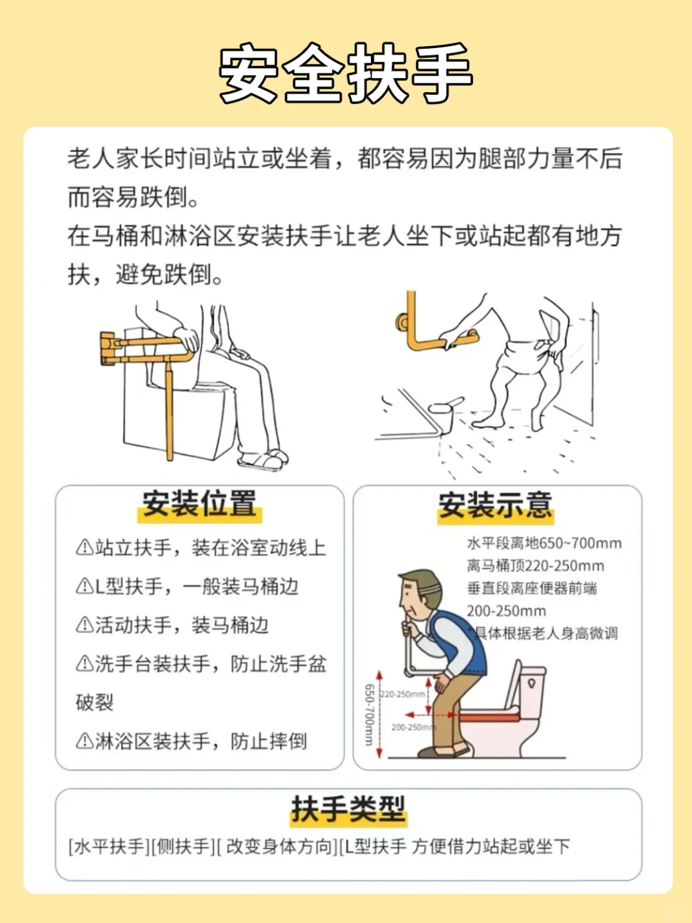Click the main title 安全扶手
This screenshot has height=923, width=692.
click(x=346, y=73)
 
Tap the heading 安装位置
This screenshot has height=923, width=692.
click(x=199, y=504)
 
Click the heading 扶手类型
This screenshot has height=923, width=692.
click(x=348, y=809)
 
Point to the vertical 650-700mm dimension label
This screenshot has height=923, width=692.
click(x=369, y=715)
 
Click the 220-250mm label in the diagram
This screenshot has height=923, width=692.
click(x=403, y=694)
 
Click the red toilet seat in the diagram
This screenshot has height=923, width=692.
click(x=488, y=715)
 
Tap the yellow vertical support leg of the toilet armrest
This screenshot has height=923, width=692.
click(x=169, y=410)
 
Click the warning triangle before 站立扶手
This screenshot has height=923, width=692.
click(x=84, y=548)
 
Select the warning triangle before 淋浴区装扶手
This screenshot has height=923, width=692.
click(x=84, y=742)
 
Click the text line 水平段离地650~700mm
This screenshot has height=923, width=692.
click(x=544, y=544)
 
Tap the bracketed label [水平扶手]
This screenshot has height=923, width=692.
click(x=108, y=847)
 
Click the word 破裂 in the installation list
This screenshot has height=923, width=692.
click(x=95, y=703)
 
